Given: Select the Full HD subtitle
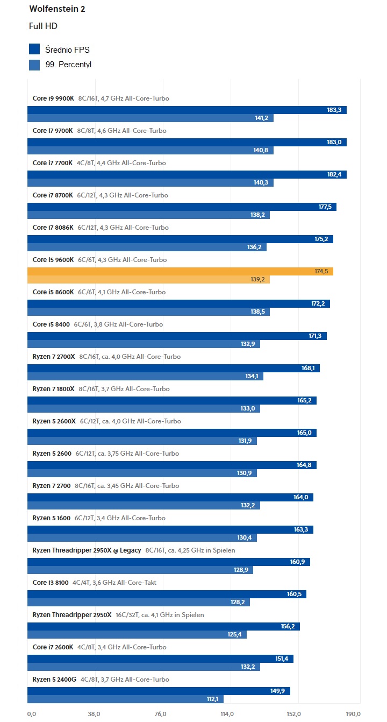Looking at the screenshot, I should [43, 26].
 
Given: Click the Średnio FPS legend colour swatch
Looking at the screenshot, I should [34, 49].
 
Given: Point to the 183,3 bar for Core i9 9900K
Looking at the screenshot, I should [187, 110].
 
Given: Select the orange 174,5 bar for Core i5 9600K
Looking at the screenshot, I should [180, 271].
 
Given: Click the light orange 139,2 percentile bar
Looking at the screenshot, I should [148, 280].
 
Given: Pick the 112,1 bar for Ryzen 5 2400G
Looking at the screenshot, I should [125, 699].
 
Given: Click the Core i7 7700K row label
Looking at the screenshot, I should [53, 163].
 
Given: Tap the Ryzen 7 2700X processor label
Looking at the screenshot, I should [54, 357].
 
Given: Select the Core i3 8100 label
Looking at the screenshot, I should [51, 583].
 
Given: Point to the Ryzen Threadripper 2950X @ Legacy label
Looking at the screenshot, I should [87, 550].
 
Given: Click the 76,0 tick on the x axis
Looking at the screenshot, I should [160, 714].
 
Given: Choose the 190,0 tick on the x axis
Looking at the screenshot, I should [353, 714].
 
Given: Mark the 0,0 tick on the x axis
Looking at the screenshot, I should [31, 714].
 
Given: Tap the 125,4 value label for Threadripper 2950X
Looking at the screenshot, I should [235, 635].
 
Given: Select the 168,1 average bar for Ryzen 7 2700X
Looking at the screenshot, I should [173, 368].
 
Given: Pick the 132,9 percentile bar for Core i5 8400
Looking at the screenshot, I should [144, 344].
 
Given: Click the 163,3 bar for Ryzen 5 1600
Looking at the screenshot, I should [170, 529].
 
